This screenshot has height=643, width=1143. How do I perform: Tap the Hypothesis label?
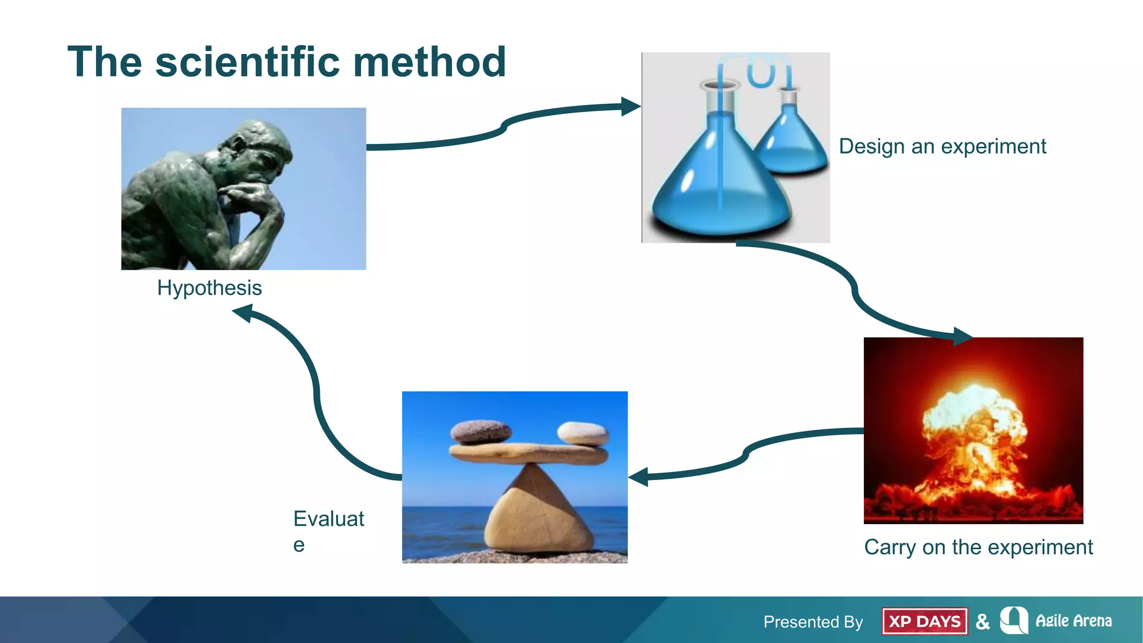coord(209,288)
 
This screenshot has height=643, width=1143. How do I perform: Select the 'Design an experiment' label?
coord(942,146)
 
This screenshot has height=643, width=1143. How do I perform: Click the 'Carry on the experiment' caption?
coord(978,547)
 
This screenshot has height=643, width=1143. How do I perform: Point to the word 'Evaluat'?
coord(329,519)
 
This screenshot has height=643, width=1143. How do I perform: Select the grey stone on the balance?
coord(481,431)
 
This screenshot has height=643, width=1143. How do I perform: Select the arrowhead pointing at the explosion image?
coord(962,337)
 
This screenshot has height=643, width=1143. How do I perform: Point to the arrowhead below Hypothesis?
coord(243,313)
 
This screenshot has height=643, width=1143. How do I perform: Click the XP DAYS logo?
coord(924,621)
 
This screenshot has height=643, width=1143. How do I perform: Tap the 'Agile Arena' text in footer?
coord(1073,621)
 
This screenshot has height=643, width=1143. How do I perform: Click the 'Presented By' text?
coord(813,622)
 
